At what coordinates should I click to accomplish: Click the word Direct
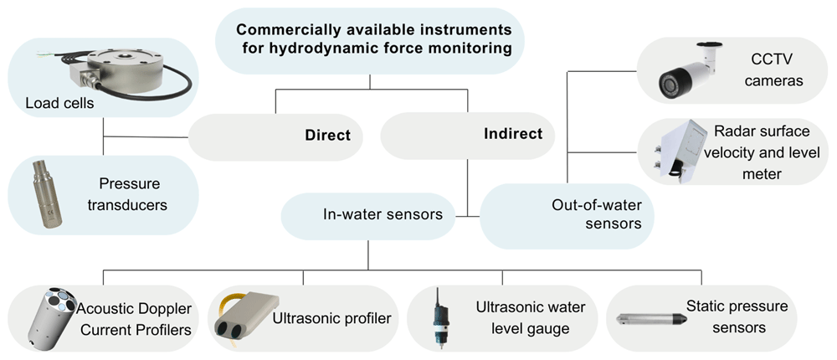pos(328,135)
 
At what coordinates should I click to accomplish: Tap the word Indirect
pos(513,133)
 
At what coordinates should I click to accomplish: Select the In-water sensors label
pos(383,214)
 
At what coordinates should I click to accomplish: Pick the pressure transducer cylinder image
pos(46,193)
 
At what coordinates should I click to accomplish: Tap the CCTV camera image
pos(689,72)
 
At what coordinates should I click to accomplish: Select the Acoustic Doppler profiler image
pos(52,318)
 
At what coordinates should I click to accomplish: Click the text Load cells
pos(59,103)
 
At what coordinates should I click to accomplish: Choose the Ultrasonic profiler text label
pos(331,319)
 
